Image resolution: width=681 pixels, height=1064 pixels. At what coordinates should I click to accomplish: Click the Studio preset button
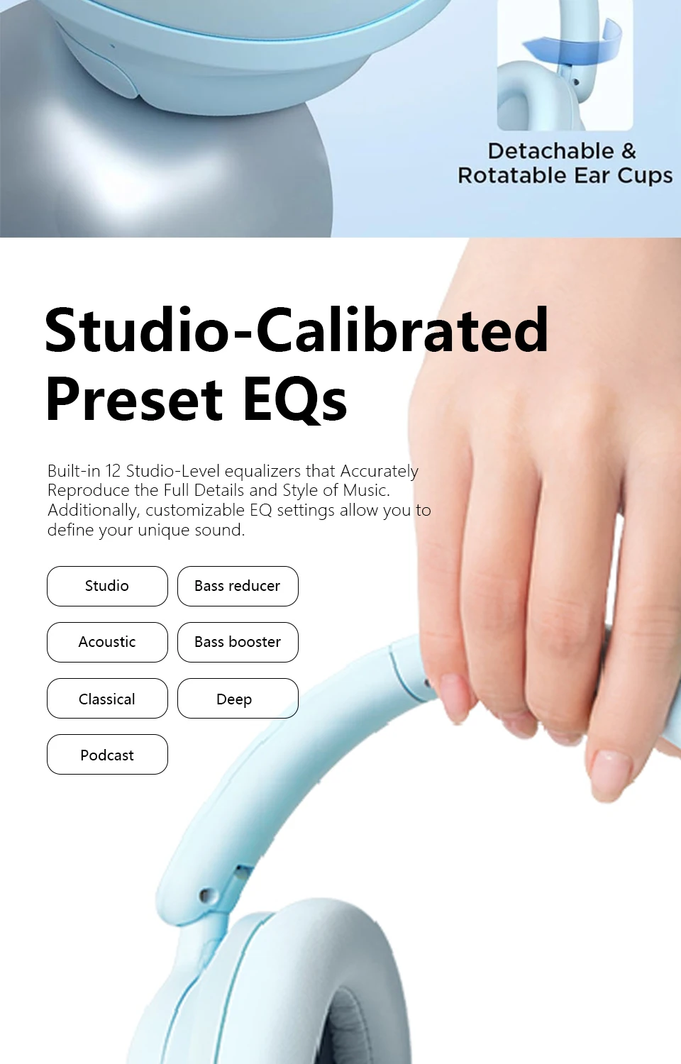[107, 586]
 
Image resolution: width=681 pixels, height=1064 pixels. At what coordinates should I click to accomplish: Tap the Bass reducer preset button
[238, 586]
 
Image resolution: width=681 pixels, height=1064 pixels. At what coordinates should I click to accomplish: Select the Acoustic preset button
[107, 642]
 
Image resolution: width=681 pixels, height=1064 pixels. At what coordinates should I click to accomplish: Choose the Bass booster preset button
[238, 642]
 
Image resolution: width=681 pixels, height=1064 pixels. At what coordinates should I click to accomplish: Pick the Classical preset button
[107, 698]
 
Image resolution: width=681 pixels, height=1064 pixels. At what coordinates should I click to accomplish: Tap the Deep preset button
[238, 698]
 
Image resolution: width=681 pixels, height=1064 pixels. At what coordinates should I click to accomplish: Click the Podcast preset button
[107, 754]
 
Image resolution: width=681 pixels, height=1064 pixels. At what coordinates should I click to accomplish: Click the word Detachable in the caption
[551, 151]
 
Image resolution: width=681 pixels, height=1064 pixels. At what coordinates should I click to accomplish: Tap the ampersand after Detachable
[629, 151]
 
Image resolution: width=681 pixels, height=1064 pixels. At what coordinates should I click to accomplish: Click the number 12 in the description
[113, 471]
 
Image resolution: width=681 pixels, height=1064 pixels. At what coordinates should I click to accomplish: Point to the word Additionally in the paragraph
[93, 510]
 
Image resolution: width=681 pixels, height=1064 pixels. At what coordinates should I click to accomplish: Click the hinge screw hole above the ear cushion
[205, 895]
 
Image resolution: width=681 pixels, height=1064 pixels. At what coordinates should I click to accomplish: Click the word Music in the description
[366, 490]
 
